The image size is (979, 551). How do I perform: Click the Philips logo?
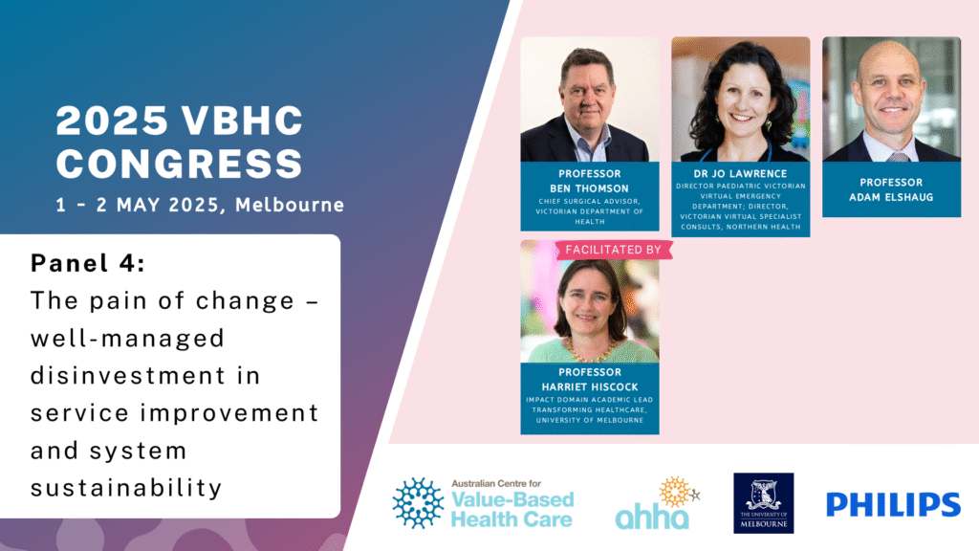tap(893, 504)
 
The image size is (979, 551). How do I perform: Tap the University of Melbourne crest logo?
tap(763, 503)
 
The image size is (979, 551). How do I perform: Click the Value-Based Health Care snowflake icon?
tap(418, 503)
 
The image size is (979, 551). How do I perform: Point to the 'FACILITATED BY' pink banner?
tap(613, 250)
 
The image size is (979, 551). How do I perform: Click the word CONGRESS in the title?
tap(179, 164)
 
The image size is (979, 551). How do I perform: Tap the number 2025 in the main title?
tap(112, 121)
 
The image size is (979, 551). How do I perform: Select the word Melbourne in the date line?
tap(290, 205)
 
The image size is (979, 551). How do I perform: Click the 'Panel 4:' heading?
tap(88, 263)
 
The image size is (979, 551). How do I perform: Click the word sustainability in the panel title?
tap(126, 488)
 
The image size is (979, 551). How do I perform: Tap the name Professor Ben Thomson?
tap(589, 181)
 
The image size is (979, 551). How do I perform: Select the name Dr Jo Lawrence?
tap(740, 174)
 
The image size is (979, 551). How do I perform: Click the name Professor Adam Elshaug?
tap(891, 190)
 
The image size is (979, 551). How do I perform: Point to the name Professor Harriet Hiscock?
tap(589, 380)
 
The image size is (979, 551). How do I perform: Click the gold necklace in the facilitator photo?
tap(589, 352)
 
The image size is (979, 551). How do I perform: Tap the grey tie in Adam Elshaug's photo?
tap(897, 157)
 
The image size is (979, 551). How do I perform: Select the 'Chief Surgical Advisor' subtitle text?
tap(589, 201)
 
